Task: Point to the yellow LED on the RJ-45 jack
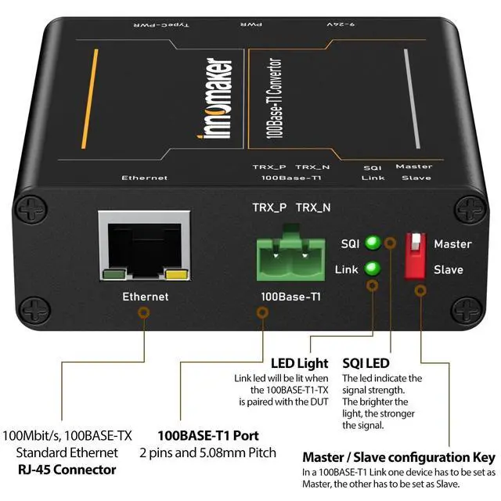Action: [176, 274]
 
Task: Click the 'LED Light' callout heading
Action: [299, 364]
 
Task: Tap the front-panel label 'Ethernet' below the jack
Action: [146, 297]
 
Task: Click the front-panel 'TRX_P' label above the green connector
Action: [269, 207]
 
